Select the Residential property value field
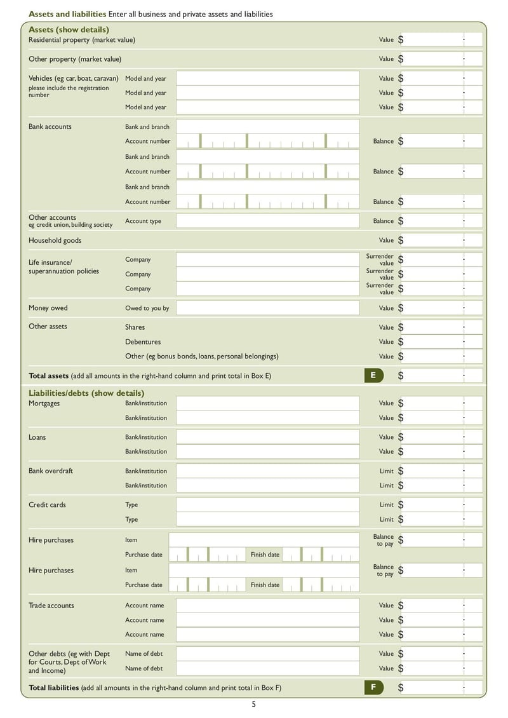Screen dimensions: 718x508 click(441, 39)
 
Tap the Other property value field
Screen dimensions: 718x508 click(441, 59)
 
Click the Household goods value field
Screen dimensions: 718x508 click(441, 240)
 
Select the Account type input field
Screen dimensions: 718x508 click(267, 221)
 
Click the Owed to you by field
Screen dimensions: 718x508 click(267, 308)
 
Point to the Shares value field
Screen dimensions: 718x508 click(441, 327)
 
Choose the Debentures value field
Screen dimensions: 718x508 click(441, 342)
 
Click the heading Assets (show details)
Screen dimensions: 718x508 click(69, 29)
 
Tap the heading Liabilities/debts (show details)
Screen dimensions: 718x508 click(86, 393)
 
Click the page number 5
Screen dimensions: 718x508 click(253, 704)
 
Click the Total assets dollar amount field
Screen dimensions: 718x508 click(441, 376)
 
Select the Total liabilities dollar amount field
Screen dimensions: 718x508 click(441, 688)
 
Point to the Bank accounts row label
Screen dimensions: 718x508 click(50, 126)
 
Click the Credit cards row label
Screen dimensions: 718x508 click(47, 505)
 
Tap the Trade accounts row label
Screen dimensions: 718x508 click(51, 606)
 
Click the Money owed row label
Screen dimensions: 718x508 click(48, 308)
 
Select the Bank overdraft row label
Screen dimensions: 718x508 click(50, 471)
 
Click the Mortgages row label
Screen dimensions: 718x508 click(44, 403)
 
